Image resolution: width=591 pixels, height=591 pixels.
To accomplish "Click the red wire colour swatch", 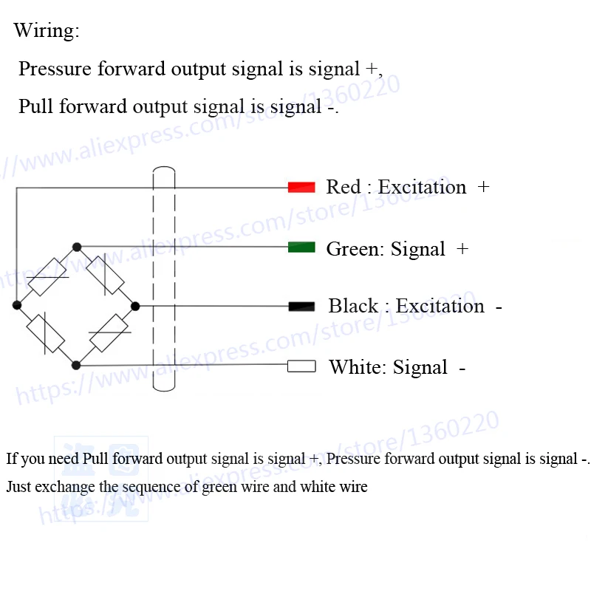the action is (x=301, y=187).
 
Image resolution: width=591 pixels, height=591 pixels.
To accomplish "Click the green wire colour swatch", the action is (x=301, y=247).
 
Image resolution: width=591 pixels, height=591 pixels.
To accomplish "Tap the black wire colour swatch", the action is (x=301, y=307).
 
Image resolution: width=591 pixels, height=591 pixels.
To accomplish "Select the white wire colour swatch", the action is (x=301, y=366).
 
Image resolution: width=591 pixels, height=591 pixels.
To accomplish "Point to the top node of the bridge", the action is (x=77, y=247).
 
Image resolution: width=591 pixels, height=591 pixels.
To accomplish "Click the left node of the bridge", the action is (x=17, y=305).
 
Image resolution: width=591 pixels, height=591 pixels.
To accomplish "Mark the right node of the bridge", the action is (x=135, y=307).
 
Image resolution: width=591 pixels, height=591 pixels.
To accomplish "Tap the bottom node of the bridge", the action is (x=76, y=365).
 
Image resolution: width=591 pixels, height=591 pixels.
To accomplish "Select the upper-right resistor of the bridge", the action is (x=105, y=275).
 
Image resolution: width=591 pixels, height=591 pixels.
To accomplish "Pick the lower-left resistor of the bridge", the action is (x=46, y=334).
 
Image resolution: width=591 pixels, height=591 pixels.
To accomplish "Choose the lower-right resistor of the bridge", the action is (x=109, y=333).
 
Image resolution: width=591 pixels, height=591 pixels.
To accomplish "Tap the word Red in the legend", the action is (x=343, y=187).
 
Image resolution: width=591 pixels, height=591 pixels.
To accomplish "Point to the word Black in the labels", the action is (x=353, y=306).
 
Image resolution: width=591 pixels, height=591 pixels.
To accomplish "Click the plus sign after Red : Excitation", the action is (x=483, y=187).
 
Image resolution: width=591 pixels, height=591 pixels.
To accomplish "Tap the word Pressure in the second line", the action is (x=55, y=69).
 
